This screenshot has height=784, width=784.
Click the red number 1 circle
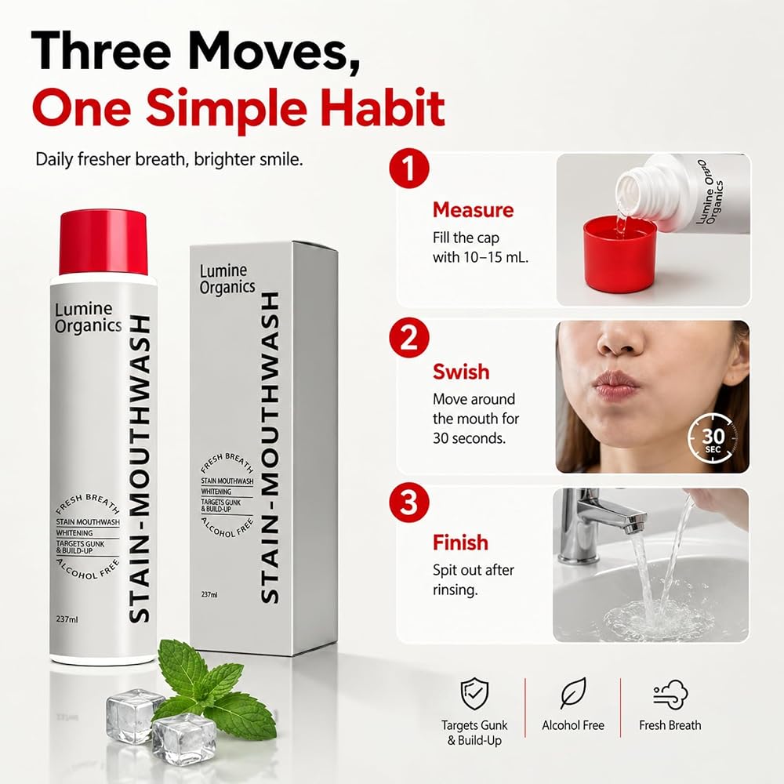pyautogui.click(x=409, y=169)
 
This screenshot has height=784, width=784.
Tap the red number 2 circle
pyautogui.click(x=409, y=337)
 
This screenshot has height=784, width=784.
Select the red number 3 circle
pyautogui.click(x=409, y=503)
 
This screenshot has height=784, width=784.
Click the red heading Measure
pyautogui.click(x=473, y=210)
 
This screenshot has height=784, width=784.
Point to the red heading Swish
pyautogui.click(x=461, y=372)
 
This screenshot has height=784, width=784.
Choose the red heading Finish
pyautogui.click(x=460, y=543)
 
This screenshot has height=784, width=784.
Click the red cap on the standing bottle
pyautogui.click(x=103, y=243)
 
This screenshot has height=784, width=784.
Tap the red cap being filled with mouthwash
pyautogui.click(x=619, y=255)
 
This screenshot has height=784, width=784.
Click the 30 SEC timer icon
pyautogui.click(x=713, y=438)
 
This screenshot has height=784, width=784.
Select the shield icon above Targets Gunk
pyautogui.click(x=474, y=694)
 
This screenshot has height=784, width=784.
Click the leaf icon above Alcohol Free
pyautogui.click(x=573, y=693)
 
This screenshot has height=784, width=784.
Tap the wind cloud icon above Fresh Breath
pyautogui.click(x=670, y=695)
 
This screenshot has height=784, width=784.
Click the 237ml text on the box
pyautogui.click(x=209, y=595)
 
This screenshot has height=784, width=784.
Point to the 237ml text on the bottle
pyautogui.click(x=67, y=619)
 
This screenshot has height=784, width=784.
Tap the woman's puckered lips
pyautogui.click(x=615, y=386)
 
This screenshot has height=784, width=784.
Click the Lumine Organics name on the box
pyautogui.click(x=227, y=279)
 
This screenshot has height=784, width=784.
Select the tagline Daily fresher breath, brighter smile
pyautogui.click(x=169, y=159)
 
